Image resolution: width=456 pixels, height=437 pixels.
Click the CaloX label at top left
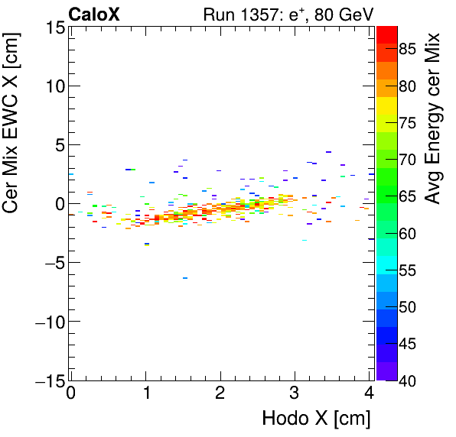click(94, 14)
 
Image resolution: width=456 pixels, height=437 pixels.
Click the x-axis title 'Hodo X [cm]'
click(316, 419)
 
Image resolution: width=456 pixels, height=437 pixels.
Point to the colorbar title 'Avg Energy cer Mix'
click(435, 118)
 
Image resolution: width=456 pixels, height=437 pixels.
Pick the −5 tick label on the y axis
click(50, 263)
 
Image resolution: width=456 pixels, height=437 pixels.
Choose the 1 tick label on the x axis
click(145, 394)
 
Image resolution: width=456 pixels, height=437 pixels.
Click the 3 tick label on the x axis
click(295, 394)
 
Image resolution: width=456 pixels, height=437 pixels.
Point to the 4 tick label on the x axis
click(370, 394)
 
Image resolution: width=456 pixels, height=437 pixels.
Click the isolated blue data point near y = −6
click(185, 278)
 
